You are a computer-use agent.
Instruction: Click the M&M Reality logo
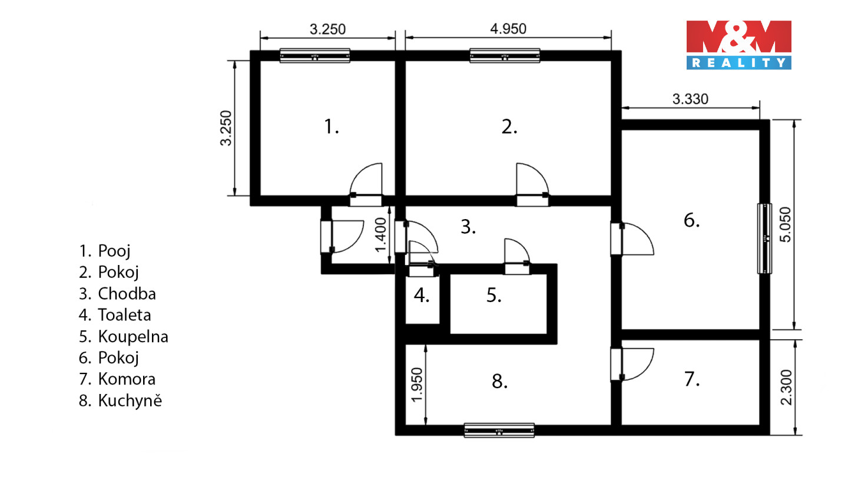point(738,45)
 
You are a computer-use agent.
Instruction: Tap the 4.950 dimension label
point(508,29)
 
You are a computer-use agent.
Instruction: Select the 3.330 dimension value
point(690,99)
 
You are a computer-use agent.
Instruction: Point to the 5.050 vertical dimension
point(785,224)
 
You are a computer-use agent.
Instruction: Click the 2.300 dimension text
point(786,387)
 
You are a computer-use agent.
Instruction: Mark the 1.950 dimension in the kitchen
point(416,385)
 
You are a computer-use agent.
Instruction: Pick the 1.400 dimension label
point(380,235)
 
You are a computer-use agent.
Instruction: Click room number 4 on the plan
point(422,295)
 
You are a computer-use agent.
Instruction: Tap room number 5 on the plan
point(494,295)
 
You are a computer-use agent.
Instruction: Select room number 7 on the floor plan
point(692,379)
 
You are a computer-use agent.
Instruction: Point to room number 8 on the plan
point(500,381)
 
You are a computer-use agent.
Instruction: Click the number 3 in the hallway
point(468,227)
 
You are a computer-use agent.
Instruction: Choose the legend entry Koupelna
point(133,337)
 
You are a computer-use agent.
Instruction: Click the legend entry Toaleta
point(125,315)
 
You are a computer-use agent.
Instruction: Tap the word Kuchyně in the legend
point(130,400)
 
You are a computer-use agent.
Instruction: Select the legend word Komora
point(127,379)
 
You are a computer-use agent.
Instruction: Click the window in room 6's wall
point(765,238)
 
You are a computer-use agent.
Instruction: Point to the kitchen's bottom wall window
point(499,430)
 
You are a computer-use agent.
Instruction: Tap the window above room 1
point(314,55)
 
